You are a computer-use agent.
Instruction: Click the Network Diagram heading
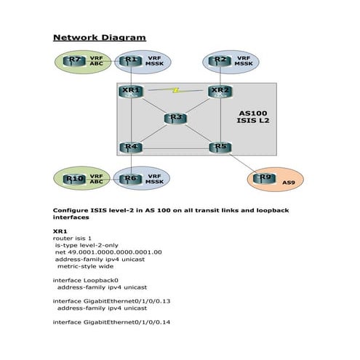(x=100, y=38)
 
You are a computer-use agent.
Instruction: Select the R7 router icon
(x=74, y=61)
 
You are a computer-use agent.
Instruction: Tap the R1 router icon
(x=130, y=61)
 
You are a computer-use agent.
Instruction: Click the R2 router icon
(x=220, y=61)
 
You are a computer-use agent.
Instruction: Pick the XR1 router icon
(x=131, y=92)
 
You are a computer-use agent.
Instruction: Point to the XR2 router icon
(x=220, y=92)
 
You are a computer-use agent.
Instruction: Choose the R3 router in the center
(x=175, y=119)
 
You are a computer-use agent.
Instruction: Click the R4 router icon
(x=131, y=148)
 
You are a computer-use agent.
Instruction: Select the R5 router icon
(x=220, y=148)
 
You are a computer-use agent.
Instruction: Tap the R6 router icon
(x=130, y=180)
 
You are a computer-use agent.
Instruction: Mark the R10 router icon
(x=74, y=180)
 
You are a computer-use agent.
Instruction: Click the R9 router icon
(x=265, y=178)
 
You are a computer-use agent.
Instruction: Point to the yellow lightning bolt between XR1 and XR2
(x=175, y=90)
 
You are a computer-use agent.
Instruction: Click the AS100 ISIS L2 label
(x=253, y=117)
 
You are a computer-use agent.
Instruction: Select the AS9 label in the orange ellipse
(x=289, y=183)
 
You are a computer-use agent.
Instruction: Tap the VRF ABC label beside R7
(x=97, y=61)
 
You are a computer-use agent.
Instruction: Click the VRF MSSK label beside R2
(x=244, y=61)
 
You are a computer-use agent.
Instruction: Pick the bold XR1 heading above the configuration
(x=60, y=231)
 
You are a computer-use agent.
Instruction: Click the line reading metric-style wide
(x=85, y=266)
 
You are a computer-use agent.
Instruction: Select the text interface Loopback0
(x=86, y=280)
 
